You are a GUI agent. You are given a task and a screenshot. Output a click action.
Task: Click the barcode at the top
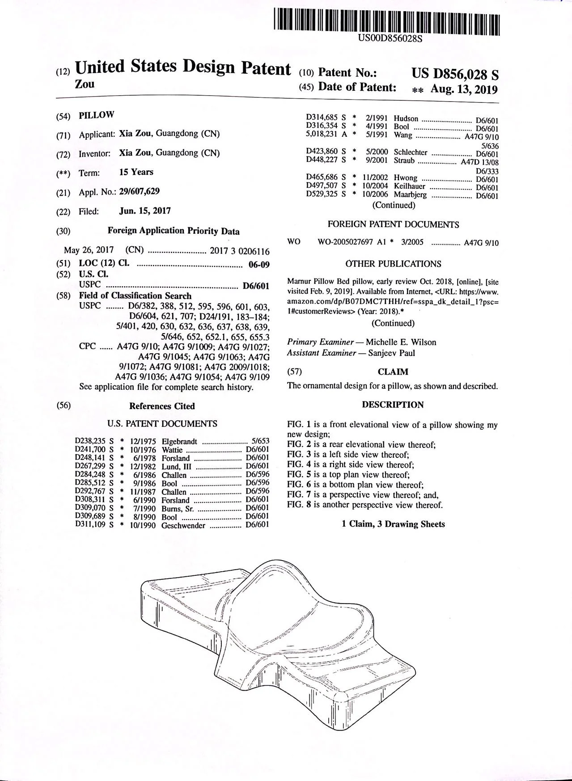386,21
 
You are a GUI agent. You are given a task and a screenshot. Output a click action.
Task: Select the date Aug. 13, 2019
464,89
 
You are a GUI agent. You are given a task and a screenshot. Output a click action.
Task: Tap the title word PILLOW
97,115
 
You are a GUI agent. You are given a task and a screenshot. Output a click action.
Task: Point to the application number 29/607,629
139,192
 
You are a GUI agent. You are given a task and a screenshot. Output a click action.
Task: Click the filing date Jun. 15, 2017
145,211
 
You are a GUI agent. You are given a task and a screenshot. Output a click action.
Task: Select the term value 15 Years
136,172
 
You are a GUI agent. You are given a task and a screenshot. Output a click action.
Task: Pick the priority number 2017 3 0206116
240,251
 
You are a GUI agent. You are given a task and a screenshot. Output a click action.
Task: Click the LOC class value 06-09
259,264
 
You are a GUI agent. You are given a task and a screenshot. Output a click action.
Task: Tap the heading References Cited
162,406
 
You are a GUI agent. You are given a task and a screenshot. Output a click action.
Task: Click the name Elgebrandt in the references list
179,441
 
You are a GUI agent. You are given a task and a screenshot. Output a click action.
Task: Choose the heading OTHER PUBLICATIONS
393,264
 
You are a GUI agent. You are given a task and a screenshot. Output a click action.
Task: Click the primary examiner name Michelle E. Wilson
401,342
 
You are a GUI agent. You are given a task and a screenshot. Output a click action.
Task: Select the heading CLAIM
393,372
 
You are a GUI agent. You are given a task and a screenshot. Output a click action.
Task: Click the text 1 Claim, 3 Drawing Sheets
393,524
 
